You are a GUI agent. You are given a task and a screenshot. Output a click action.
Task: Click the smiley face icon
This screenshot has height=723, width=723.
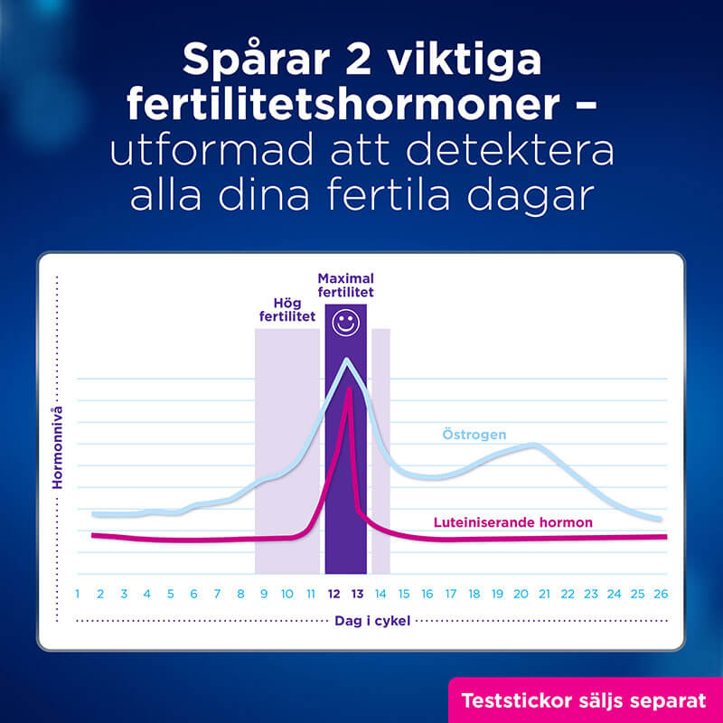tap(344, 321)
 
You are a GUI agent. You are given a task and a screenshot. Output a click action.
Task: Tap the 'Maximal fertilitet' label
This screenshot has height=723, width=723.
tap(345, 285)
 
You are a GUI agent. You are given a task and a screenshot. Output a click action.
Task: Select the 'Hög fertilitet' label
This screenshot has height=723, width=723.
tap(287, 309)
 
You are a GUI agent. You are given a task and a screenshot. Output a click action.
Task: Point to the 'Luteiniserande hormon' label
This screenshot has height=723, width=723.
tap(513, 522)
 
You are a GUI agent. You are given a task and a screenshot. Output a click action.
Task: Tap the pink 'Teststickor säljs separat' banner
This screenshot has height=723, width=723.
tap(584, 700)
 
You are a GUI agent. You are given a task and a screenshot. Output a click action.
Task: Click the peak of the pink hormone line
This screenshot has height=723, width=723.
tap(348, 390)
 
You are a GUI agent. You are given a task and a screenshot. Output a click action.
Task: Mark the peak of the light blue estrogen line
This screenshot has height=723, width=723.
tap(345, 361)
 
